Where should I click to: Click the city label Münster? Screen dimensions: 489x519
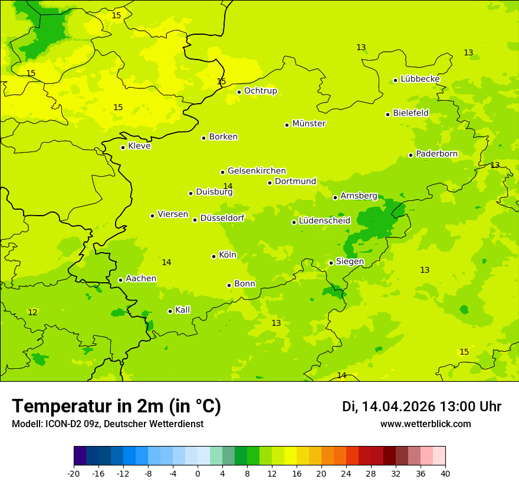coord(308,124)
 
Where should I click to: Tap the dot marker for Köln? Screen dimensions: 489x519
coord(213,256)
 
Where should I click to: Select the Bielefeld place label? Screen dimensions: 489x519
coord(410,113)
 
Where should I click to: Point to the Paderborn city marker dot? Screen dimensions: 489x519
coord(410,155)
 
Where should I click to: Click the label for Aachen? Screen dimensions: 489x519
coord(141,279)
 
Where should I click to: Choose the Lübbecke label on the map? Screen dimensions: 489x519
coord(420,79)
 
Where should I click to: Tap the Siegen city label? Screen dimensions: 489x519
coord(350,262)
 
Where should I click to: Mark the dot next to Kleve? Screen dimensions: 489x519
coord(123,147)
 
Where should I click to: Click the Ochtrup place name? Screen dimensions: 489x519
coord(260,91)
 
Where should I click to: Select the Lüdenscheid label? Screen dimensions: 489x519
coord(324,221)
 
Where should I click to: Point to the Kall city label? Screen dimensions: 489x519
coord(182,310)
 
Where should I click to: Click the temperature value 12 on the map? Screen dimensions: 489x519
coord(32,312)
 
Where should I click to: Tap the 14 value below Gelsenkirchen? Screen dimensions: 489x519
coord(228,186)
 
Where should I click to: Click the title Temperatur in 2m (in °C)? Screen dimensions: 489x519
coord(116,406)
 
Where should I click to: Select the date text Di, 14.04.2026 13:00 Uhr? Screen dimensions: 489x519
coord(422,407)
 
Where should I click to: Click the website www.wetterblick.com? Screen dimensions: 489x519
coord(425,424)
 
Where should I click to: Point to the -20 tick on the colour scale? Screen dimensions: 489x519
coord(74,473)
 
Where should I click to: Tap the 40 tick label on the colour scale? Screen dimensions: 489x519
coord(445,473)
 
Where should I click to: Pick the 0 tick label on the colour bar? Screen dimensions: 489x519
coord(198,473)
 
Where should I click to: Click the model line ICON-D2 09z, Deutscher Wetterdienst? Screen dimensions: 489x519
coord(107,424)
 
